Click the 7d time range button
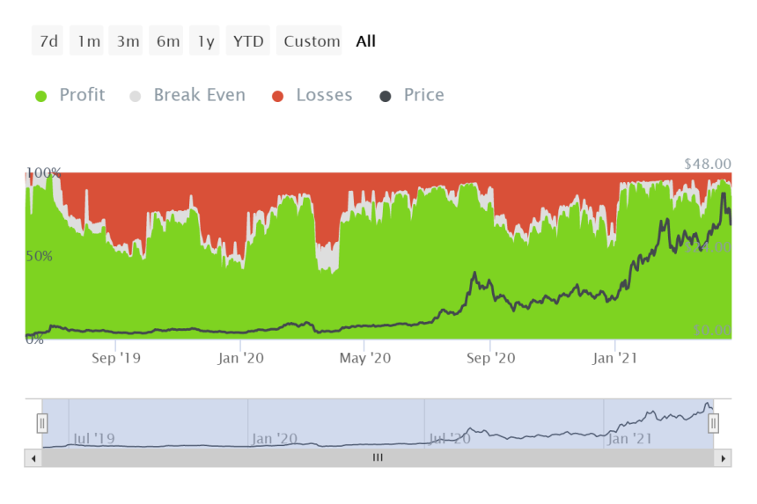[x=48, y=41]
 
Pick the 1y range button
[x=205, y=41]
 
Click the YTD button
[x=248, y=41]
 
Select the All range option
[x=365, y=41]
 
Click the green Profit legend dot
[x=40, y=96]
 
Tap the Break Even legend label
[x=199, y=95]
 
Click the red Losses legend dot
[x=278, y=96]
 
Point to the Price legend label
[x=423, y=95]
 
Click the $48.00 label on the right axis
[x=707, y=164]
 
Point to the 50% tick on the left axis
[x=38, y=257]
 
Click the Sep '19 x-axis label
[x=116, y=358]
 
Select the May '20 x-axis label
[x=365, y=358]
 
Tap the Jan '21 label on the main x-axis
[x=615, y=358]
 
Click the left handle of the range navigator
[x=42, y=424]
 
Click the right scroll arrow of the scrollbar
[x=723, y=458]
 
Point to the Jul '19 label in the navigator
[x=93, y=438]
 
